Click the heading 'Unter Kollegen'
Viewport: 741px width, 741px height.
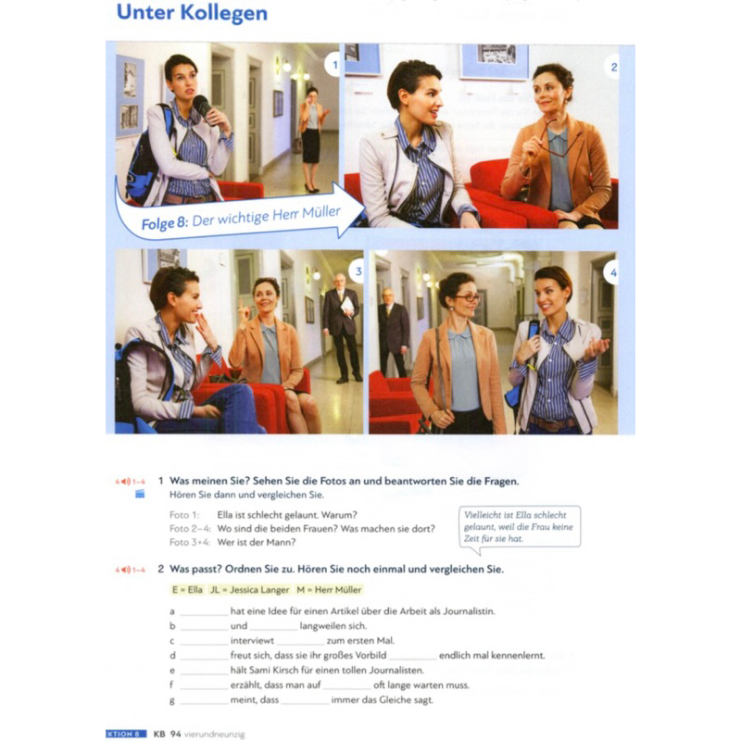[192, 13]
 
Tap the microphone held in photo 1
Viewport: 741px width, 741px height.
[203, 107]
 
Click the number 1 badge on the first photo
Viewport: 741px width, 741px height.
[333, 65]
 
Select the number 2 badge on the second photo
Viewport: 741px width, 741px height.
[613, 67]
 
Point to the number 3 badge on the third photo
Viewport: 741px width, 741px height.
[358, 271]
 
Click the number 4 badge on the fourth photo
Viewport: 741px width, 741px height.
[612, 272]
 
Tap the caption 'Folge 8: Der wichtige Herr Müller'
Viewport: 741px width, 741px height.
[241, 218]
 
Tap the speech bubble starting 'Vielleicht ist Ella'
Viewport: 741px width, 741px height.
[520, 528]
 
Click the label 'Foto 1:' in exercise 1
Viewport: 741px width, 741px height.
[184, 515]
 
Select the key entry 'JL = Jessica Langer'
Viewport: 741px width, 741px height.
[249, 590]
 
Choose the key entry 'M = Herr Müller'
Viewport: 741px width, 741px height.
[329, 590]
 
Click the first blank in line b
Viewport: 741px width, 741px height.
[204, 630]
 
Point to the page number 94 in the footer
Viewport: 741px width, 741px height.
[176, 734]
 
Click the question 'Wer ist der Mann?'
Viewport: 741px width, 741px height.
[257, 543]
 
